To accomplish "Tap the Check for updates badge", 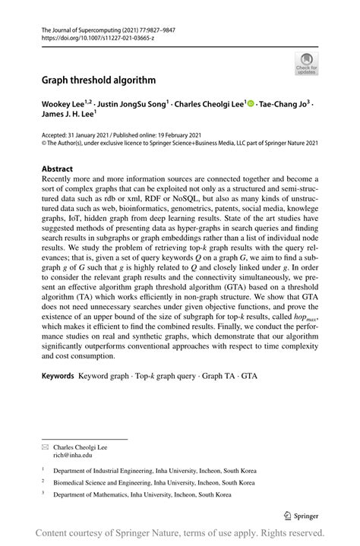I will [306, 63].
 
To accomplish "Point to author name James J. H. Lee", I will [67, 114].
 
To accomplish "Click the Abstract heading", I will [58, 169].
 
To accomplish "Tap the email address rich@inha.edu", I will [72, 456].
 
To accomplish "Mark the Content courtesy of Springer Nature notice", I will [180, 532].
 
